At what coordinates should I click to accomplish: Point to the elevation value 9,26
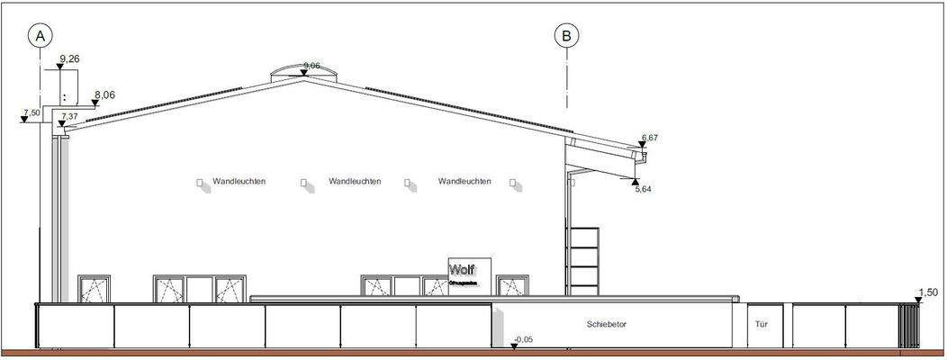click(x=70, y=58)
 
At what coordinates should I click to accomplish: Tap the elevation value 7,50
click(x=31, y=113)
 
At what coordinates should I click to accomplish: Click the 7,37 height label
click(x=70, y=116)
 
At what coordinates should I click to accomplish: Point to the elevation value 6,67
click(x=651, y=138)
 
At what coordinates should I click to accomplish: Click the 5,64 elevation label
click(x=644, y=189)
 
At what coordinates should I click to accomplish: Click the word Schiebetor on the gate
click(x=606, y=324)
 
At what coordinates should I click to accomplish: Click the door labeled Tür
click(x=760, y=325)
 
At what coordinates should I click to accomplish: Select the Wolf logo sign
click(x=468, y=274)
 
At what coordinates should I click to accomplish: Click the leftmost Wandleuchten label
click(x=239, y=182)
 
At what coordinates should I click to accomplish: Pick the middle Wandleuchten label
click(x=355, y=182)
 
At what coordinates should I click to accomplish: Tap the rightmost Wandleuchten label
click(x=464, y=182)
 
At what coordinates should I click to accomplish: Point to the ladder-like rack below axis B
click(x=583, y=261)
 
